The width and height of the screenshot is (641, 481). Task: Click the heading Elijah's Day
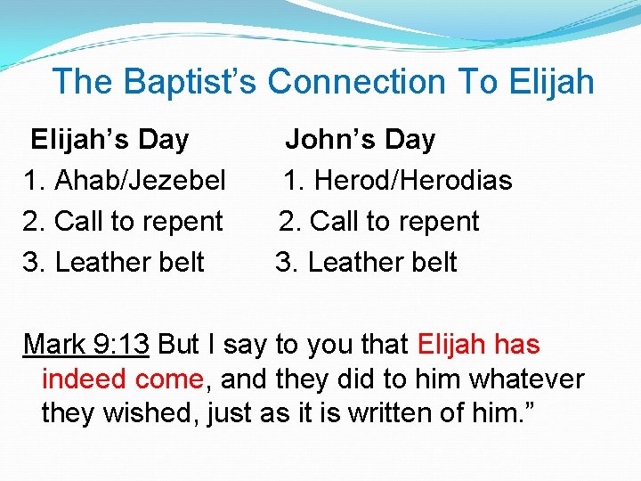click(110, 140)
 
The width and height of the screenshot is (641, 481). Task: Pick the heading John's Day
click(360, 140)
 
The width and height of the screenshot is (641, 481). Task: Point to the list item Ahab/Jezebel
click(140, 181)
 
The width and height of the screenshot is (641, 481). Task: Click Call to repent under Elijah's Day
click(139, 222)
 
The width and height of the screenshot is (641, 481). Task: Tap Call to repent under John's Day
click(394, 222)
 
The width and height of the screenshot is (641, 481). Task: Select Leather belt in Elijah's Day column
click(130, 263)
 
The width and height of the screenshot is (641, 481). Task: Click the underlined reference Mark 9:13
click(86, 344)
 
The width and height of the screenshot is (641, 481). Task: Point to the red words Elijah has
click(478, 344)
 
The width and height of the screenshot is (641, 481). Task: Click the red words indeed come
click(123, 379)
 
